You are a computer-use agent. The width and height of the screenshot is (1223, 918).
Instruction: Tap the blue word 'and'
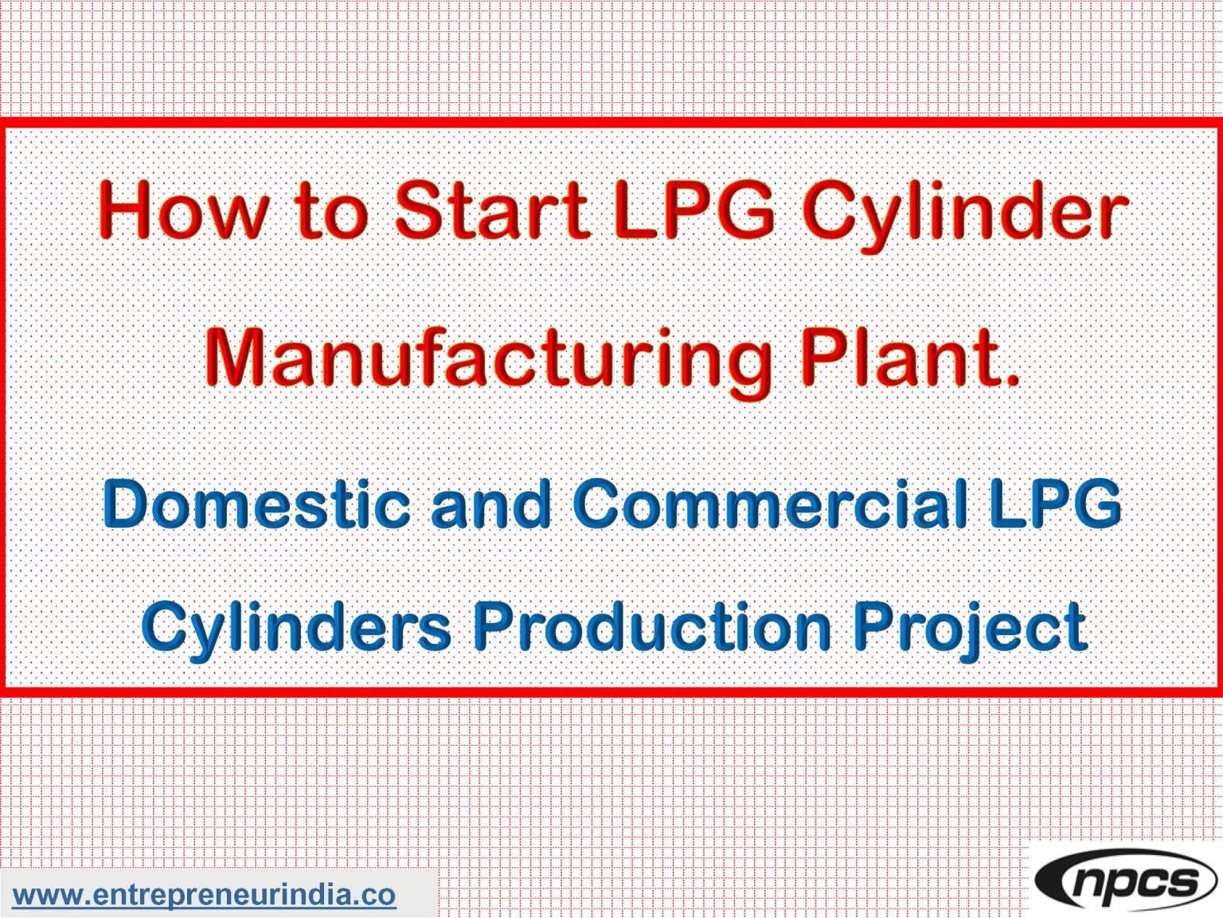pos(491,504)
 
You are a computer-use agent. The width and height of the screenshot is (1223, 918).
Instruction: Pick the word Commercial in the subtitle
pos(770,504)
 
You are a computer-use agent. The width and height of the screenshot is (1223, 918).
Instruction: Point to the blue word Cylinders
pos(296,626)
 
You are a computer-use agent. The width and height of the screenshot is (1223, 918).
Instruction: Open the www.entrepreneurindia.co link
pos(204,894)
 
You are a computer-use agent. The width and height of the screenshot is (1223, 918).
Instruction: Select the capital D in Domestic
pos(127,504)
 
